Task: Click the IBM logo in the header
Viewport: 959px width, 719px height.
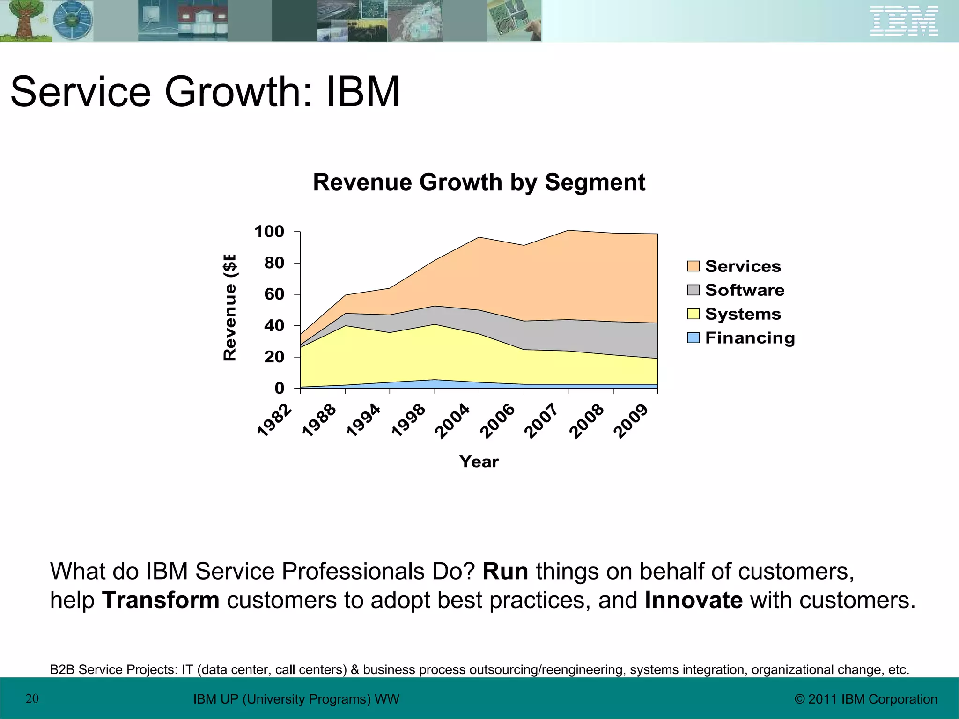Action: pyautogui.click(x=904, y=21)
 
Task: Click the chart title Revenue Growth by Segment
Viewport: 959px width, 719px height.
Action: pyautogui.click(x=479, y=182)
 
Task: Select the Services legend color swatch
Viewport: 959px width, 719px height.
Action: pyautogui.click(x=693, y=266)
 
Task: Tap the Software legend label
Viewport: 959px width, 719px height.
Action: pyautogui.click(x=745, y=290)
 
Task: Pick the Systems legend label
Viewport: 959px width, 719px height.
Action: pyautogui.click(x=743, y=314)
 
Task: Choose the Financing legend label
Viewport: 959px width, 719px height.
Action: pyautogui.click(x=750, y=338)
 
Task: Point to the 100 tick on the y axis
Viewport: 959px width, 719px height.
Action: pyautogui.click(x=269, y=232)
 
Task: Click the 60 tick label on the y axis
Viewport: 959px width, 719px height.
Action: pyautogui.click(x=274, y=294)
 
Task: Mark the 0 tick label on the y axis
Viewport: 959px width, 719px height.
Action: pyautogui.click(x=280, y=388)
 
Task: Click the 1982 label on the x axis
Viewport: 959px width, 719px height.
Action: pyautogui.click(x=275, y=420)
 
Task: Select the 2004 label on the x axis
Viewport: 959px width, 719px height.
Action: pyautogui.click(x=452, y=421)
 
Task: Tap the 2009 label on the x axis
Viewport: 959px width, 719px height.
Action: pyautogui.click(x=631, y=421)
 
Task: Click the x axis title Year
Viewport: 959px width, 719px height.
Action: pyautogui.click(x=479, y=462)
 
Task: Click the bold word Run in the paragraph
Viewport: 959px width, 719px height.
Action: pyautogui.click(x=505, y=572)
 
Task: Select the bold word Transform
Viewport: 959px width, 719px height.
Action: pyautogui.click(x=161, y=600)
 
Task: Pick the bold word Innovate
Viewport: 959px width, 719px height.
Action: pyautogui.click(x=693, y=600)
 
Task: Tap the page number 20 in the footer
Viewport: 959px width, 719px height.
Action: pyautogui.click(x=32, y=698)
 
